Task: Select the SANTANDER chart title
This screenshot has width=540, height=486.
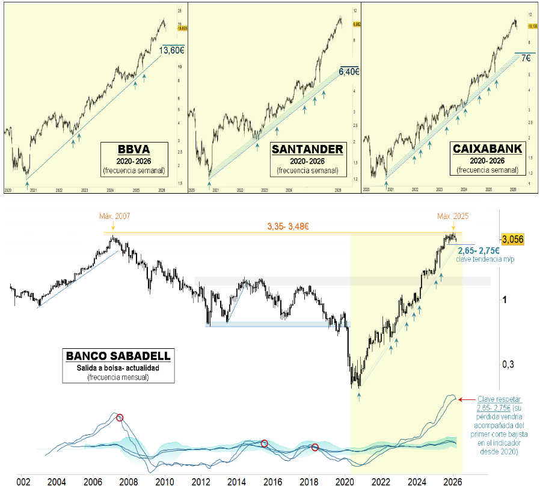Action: [308, 149]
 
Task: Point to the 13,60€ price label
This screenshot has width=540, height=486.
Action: [172, 51]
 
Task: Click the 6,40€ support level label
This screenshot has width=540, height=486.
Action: [349, 72]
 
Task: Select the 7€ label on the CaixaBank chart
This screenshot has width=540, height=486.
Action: [526, 58]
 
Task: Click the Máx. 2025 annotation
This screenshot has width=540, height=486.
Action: [453, 216]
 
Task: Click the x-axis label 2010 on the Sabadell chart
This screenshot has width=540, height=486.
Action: [165, 482]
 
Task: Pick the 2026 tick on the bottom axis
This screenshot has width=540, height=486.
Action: [452, 482]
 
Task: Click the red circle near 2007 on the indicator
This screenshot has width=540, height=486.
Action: [120, 417]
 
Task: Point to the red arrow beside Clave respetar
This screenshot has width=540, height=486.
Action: [465, 399]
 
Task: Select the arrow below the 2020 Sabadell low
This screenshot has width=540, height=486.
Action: [359, 396]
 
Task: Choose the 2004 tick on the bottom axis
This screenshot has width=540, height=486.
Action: [57, 482]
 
